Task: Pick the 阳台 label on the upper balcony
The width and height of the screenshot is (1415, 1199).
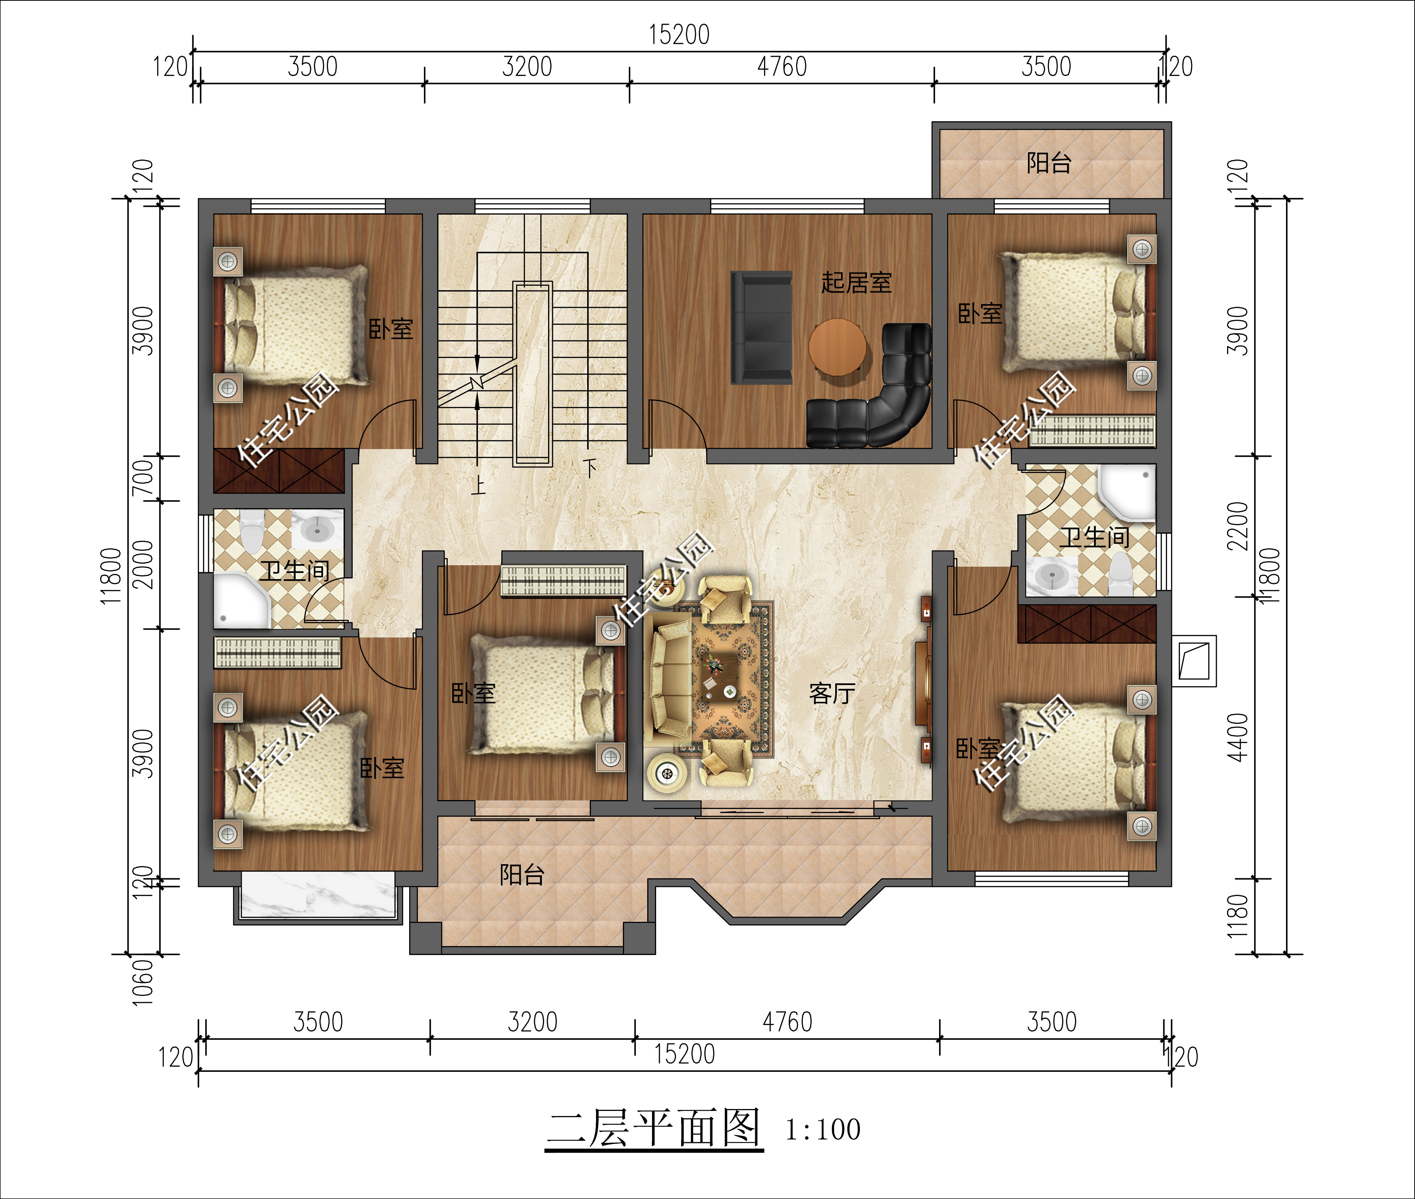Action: (1049, 163)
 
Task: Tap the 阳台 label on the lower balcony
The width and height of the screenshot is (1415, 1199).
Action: (522, 875)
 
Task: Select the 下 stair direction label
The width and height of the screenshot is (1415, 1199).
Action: (590, 467)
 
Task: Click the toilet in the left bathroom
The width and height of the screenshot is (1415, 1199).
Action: (251, 532)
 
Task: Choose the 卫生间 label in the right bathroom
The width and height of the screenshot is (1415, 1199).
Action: (1094, 537)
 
